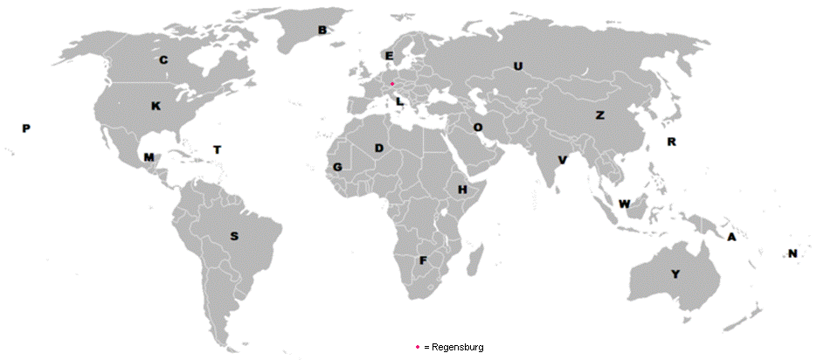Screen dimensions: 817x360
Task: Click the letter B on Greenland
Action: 322,31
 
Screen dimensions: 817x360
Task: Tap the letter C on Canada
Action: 163,61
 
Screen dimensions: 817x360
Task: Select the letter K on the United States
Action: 156,107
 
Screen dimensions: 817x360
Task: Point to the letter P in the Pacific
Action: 26,129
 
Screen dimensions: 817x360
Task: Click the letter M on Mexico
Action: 149,158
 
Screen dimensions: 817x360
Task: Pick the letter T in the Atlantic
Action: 218,150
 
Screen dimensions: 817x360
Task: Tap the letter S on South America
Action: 233,236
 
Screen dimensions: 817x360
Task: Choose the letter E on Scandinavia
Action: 389,56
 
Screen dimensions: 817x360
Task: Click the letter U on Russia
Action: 517,66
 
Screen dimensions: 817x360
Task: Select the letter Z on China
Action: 599,115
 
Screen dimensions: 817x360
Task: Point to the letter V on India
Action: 562,161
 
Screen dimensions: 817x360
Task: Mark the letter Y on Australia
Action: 675,274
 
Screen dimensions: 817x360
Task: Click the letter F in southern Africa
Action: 423,260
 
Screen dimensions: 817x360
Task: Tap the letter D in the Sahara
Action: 379,149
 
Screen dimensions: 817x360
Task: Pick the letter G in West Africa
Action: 337,167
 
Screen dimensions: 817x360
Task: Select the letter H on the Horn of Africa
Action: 462,190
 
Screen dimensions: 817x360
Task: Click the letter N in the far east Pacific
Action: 793,254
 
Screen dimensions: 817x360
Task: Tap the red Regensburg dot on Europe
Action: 392,83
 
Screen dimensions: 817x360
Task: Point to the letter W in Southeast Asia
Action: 624,204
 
